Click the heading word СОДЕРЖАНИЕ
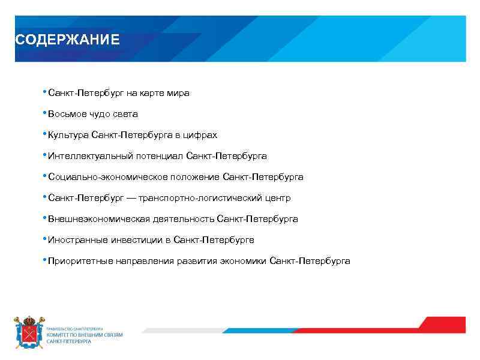point(67,40)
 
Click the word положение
point(192,177)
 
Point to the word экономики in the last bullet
point(243,261)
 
